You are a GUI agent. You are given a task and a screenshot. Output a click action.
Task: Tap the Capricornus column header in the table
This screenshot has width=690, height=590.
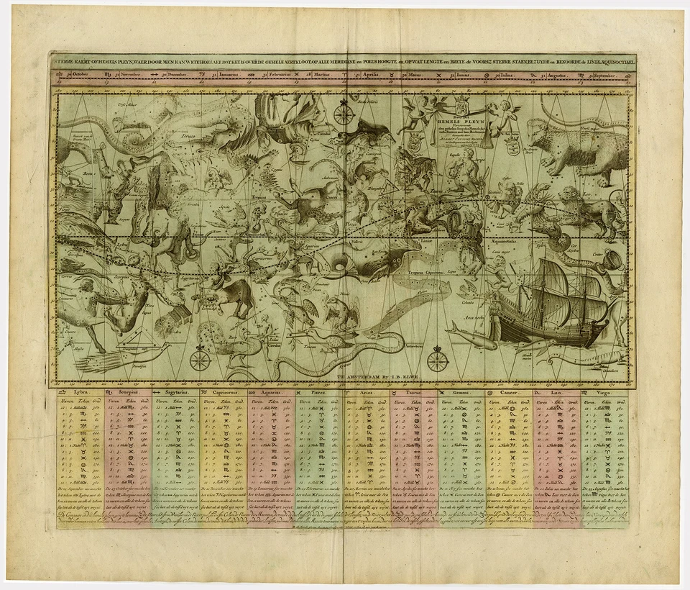coord(219,393)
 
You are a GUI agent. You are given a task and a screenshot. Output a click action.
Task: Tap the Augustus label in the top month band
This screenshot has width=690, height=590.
coord(556,74)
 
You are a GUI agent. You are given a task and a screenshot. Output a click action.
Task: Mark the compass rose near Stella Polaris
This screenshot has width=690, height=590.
coord(343,114)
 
